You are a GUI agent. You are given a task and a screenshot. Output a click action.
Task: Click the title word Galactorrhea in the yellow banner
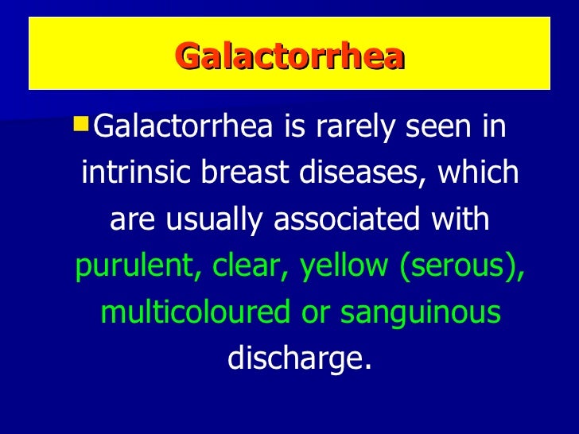point(289,57)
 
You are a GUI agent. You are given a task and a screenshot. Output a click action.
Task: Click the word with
point(464,219)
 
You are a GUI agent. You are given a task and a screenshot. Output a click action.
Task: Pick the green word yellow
point(347,266)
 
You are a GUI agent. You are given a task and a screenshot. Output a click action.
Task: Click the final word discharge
point(299,359)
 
